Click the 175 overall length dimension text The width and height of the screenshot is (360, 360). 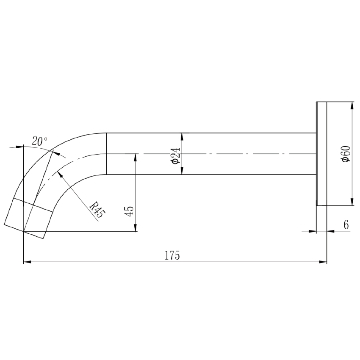172,255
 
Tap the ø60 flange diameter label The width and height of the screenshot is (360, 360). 346,154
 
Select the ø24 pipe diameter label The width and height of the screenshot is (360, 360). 176,155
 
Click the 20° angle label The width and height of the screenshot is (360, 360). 39,141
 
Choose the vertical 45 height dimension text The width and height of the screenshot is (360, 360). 129,211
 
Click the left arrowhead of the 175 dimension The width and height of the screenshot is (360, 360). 27,262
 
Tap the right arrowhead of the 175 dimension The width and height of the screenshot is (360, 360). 323,262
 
